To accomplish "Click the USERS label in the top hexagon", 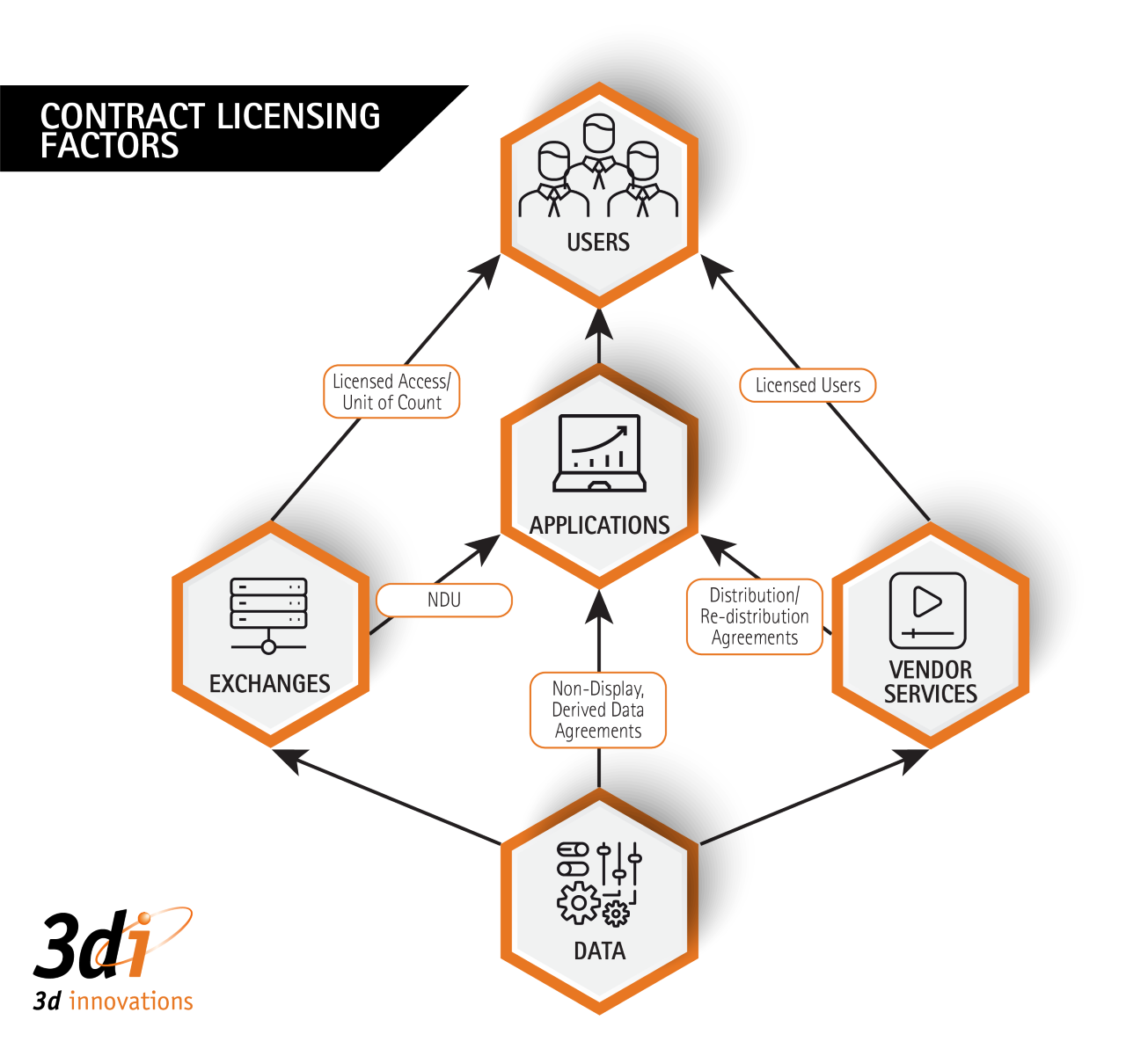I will click(598, 242).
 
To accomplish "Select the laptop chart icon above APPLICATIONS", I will click(599, 454).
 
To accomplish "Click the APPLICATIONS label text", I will click(600, 525).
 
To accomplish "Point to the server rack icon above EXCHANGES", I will click(268, 615).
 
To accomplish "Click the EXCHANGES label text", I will click(269, 683).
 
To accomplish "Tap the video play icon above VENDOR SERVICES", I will click(927, 609).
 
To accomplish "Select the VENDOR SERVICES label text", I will click(930, 681).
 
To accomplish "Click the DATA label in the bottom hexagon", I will click(599, 951).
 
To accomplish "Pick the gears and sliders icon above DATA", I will click(599, 884).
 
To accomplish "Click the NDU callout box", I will click(444, 600).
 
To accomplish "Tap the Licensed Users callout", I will click(808, 385).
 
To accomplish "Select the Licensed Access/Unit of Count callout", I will click(391, 392).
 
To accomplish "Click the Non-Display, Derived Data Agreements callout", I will click(598, 710).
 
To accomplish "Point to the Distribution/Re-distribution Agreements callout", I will click(755, 616).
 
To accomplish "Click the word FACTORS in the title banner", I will click(110, 146).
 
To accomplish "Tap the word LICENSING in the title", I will click(298, 116).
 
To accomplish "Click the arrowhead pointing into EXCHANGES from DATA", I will click(289, 758).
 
